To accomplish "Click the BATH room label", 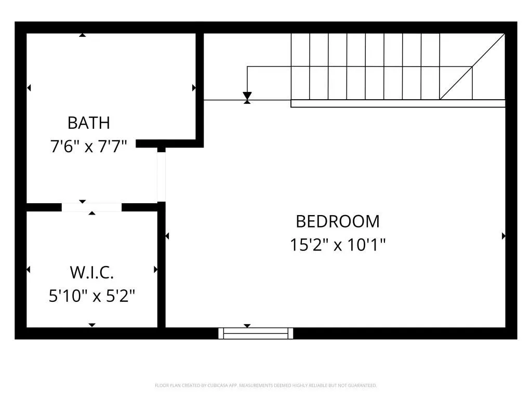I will pyautogui.click(x=89, y=123).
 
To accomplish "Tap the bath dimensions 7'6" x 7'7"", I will pyautogui.click(x=89, y=146).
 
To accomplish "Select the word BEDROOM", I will pyautogui.click(x=338, y=221).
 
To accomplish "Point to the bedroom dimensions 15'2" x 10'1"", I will pyautogui.click(x=338, y=244).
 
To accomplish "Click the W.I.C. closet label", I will pyautogui.click(x=91, y=272).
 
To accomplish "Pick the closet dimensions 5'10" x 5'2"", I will pyautogui.click(x=91, y=296).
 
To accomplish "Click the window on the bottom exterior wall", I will pyautogui.click(x=256, y=333).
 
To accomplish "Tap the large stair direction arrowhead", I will pyautogui.click(x=247, y=96).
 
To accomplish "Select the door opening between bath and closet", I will pyautogui.click(x=91, y=207).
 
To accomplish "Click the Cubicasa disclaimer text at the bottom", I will pyautogui.click(x=265, y=385).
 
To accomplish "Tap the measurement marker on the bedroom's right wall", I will pyautogui.click(x=503, y=236).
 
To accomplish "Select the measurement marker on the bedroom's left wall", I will pyautogui.click(x=167, y=236).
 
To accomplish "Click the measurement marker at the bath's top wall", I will pyautogui.click(x=82, y=35).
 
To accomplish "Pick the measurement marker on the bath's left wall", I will pyautogui.click(x=29, y=88).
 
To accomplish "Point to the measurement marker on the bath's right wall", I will pyautogui.click(x=194, y=88).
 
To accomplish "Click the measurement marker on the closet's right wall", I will pyautogui.click(x=155, y=270).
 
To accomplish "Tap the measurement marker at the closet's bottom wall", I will pyautogui.click(x=92, y=325).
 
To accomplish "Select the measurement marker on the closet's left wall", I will pyautogui.click(x=29, y=270).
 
